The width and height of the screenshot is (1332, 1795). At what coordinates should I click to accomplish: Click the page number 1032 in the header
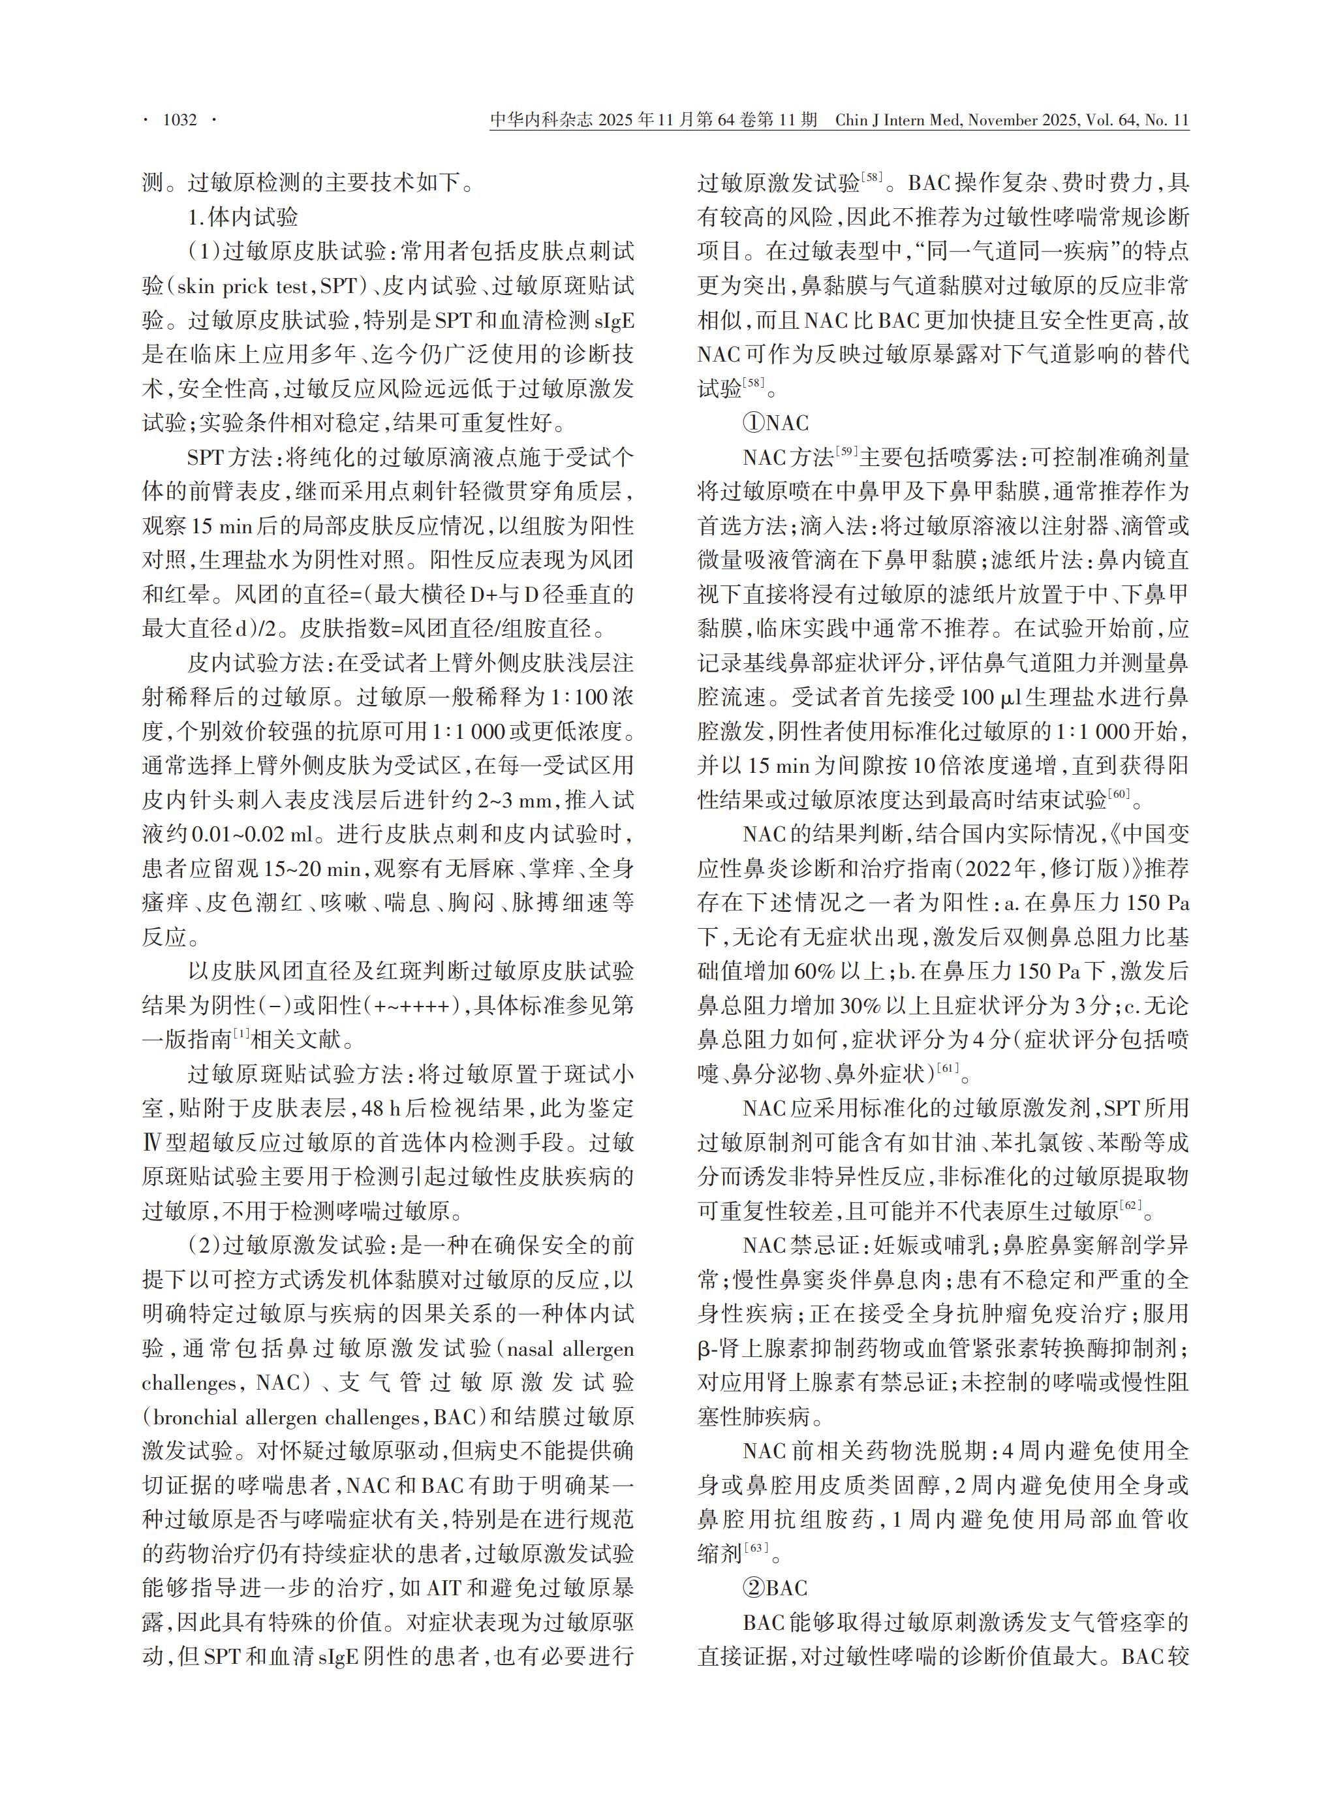coord(180,120)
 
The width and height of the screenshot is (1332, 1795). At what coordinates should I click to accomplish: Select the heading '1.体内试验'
coord(243,217)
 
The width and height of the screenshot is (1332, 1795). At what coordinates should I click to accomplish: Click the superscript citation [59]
coord(846,452)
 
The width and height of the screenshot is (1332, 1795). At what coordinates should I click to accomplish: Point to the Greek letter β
coord(703,1349)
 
